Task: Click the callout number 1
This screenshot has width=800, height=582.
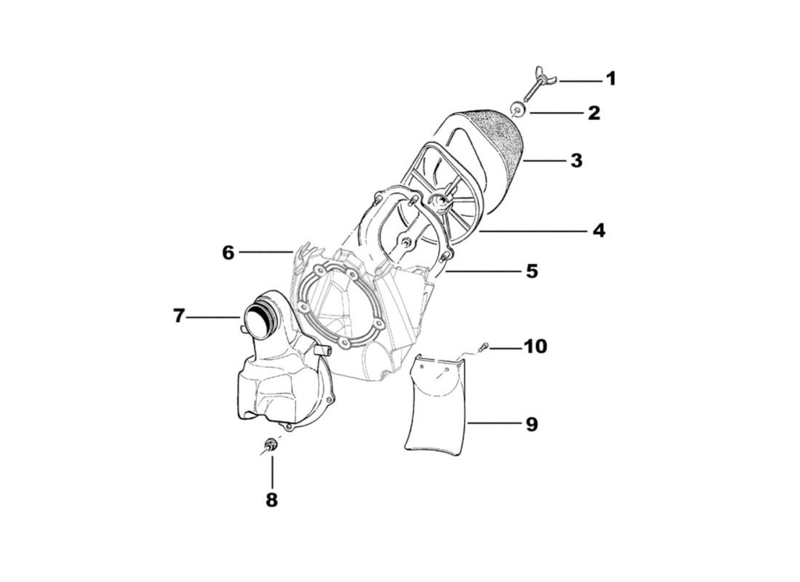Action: pos(611,79)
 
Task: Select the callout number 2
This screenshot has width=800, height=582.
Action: pos(594,113)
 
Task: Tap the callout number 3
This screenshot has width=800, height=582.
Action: pos(576,160)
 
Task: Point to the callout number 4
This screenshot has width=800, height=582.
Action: pos(598,231)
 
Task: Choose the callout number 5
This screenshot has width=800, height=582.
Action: pos(532,271)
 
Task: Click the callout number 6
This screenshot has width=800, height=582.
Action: pos(228,252)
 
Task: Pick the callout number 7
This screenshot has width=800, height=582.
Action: pos(180,316)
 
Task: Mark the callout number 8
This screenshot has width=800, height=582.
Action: pos(271,501)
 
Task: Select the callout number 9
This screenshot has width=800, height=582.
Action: pos(532,423)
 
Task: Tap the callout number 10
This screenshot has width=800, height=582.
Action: pos(535,346)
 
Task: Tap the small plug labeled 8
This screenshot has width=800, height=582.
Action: pos(271,445)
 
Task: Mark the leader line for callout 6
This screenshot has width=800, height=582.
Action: pos(265,252)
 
